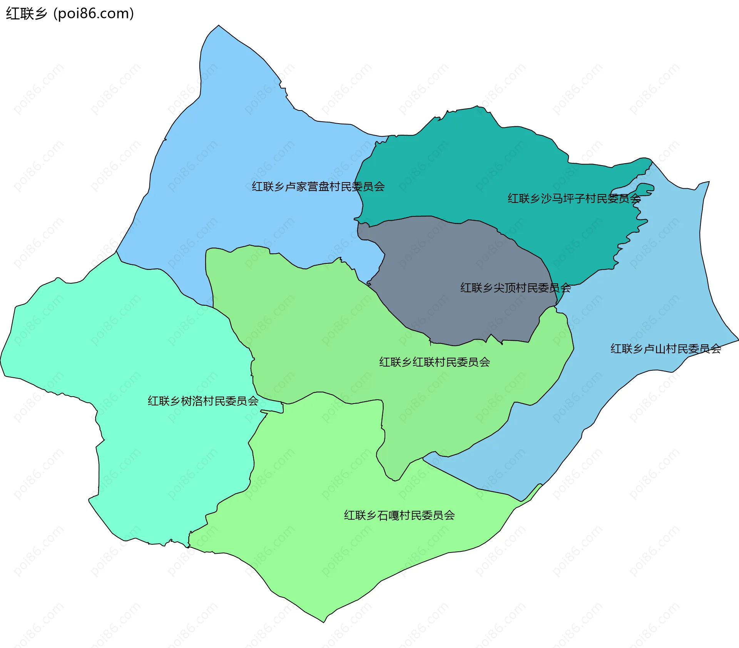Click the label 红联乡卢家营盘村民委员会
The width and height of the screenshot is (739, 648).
click(x=318, y=187)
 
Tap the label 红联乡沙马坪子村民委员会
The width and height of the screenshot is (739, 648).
click(x=574, y=199)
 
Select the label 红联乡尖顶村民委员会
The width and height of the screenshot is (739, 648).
click(x=515, y=288)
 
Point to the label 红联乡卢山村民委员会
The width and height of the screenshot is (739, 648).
click(x=665, y=349)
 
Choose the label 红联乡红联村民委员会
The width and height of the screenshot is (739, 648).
click(x=435, y=362)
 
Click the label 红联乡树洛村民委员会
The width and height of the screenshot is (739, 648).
click(x=203, y=401)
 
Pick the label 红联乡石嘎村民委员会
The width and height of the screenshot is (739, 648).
click(x=399, y=516)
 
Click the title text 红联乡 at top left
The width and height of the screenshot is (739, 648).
click(x=26, y=14)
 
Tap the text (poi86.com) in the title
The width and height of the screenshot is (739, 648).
click(x=94, y=14)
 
